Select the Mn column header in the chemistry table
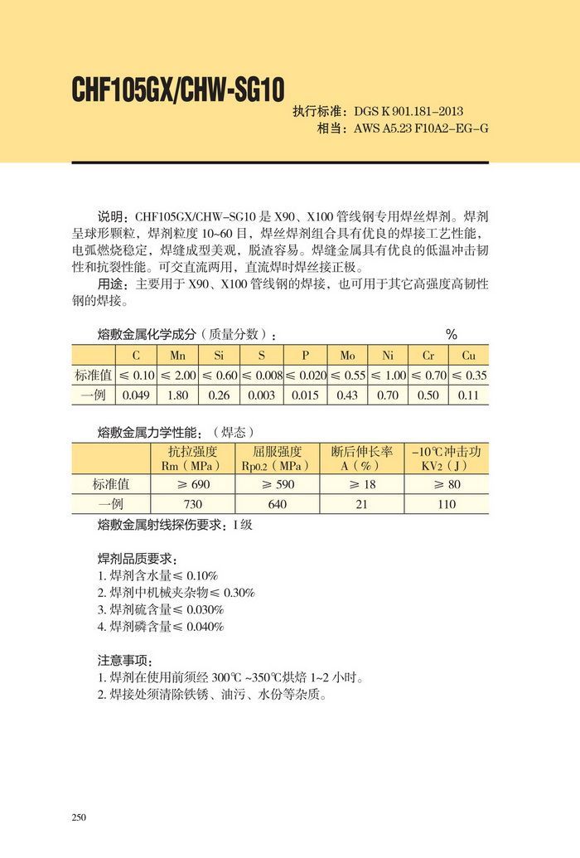(x=177, y=356)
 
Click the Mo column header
(x=347, y=356)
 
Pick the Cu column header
(x=469, y=356)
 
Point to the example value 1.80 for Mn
(x=177, y=395)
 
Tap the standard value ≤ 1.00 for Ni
(x=388, y=376)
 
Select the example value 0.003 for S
(x=261, y=395)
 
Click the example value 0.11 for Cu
(x=469, y=395)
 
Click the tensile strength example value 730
(x=192, y=504)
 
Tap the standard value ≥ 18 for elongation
(x=361, y=484)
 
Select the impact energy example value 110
(x=447, y=504)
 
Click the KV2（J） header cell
(x=447, y=466)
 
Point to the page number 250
(x=80, y=817)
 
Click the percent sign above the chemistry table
(x=452, y=335)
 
